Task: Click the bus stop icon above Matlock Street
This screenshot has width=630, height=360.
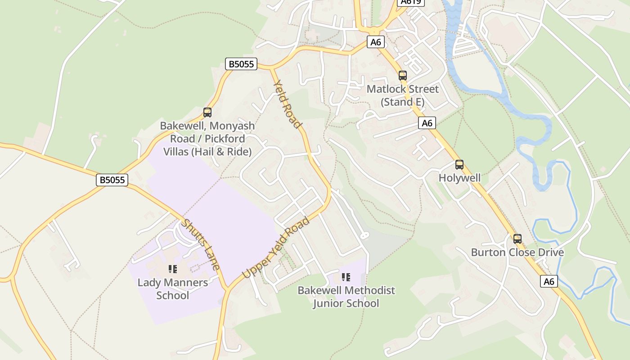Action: pos(403,76)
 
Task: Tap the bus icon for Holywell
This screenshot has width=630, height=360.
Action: pos(459,165)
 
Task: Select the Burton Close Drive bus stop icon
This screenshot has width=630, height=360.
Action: pos(517,239)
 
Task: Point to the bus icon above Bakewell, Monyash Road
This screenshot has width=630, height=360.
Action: pos(207,112)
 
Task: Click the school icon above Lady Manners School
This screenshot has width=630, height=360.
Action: pos(173,269)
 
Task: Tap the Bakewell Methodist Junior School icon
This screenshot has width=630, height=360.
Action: pos(346,277)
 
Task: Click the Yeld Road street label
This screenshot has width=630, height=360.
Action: pos(287,104)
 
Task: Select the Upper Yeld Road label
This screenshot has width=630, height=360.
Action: pos(276,247)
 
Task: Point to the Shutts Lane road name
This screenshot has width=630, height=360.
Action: pos(201,244)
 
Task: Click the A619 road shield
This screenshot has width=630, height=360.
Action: pos(411,2)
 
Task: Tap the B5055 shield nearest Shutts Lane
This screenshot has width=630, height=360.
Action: pos(112,180)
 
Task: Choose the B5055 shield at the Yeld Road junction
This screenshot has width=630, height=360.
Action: pos(241,64)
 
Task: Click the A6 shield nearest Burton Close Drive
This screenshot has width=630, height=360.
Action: pos(549,282)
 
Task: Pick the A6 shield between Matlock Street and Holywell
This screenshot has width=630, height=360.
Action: pos(427,123)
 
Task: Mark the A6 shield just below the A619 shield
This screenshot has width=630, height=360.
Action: pos(376,42)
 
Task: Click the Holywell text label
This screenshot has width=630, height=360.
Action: pos(459,178)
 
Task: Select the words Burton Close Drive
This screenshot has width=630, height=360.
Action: pos(517,252)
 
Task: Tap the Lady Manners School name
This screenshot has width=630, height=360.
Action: pos(173,289)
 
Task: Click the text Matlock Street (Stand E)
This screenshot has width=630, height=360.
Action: pos(402,95)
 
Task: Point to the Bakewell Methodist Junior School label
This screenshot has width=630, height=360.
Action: pos(346,297)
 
